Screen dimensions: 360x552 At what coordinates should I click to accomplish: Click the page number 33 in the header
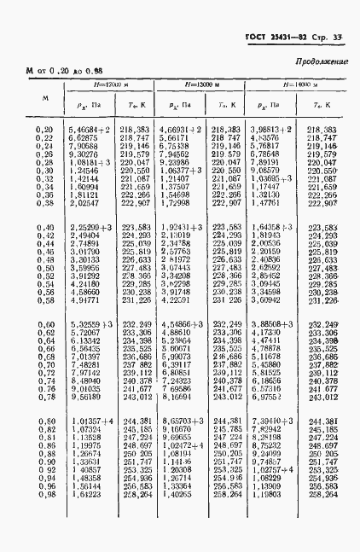pos(338,38)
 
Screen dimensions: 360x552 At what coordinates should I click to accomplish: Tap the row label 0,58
pos(44,300)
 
